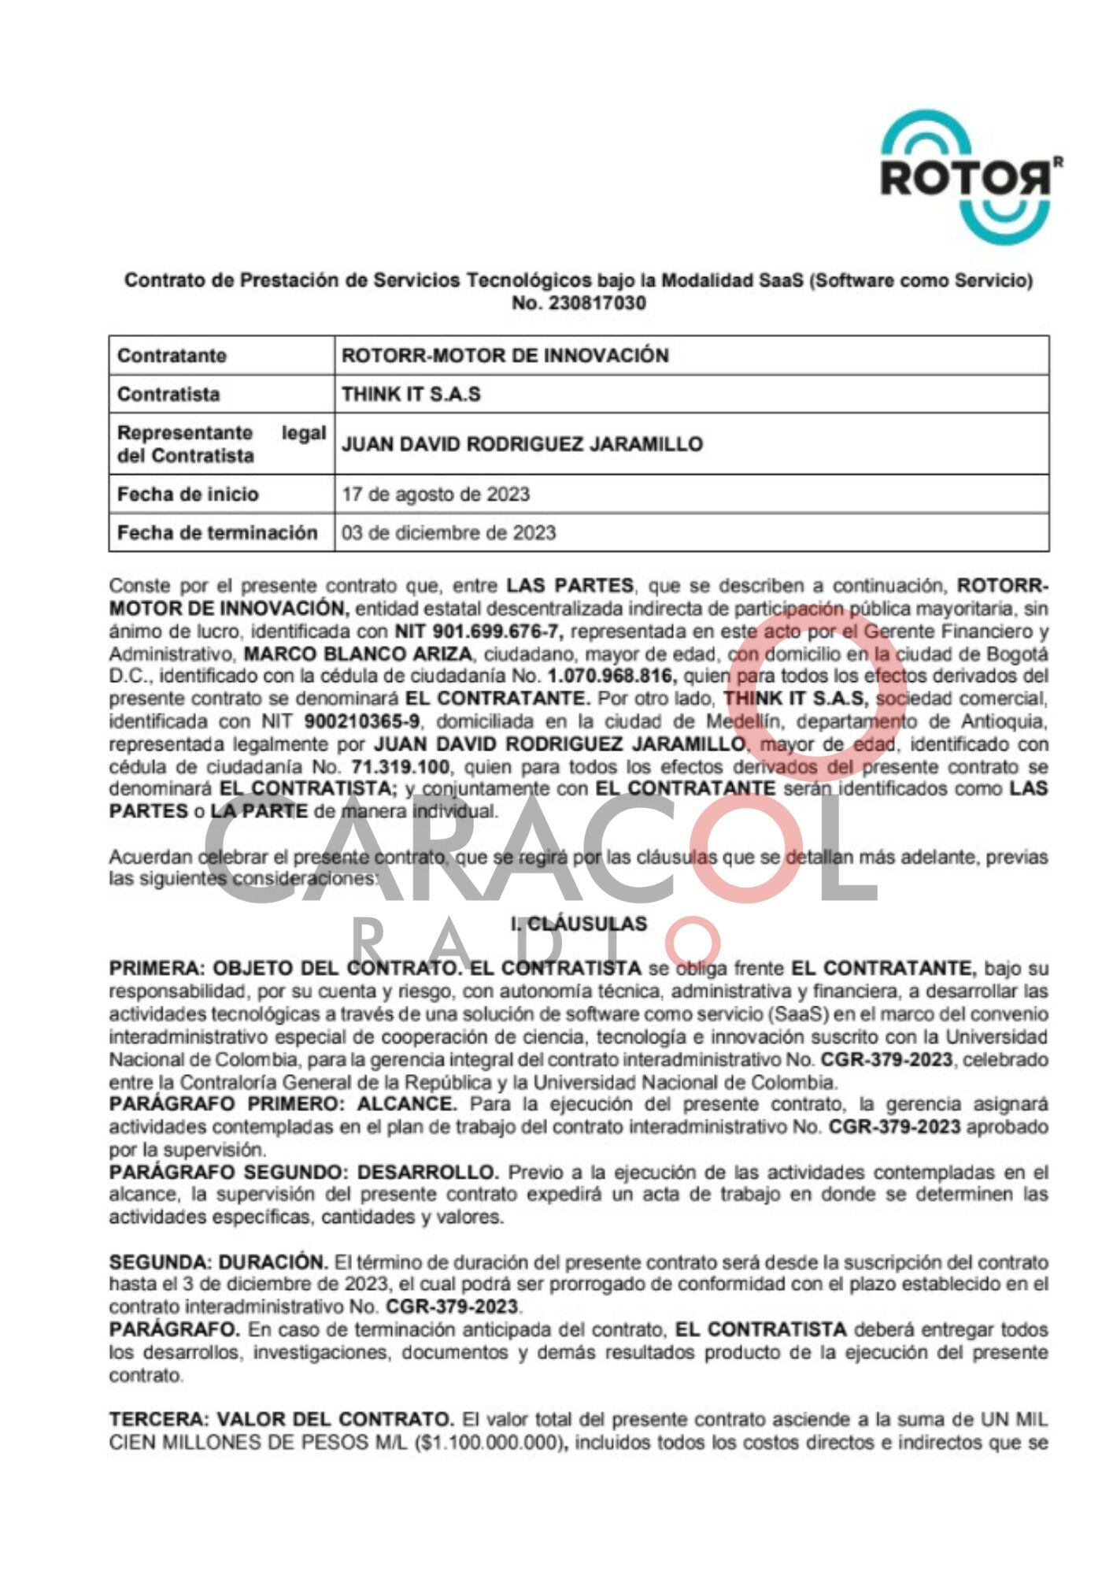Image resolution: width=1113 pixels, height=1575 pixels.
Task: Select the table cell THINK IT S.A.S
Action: pyautogui.click(x=411, y=395)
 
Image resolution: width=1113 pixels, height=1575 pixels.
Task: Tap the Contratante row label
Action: pyautogui.click(x=172, y=356)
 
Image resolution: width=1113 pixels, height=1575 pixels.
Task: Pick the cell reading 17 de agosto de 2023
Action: pyautogui.click(x=435, y=495)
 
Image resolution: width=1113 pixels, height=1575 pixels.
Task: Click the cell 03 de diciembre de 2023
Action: pyautogui.click(x=449, y=533)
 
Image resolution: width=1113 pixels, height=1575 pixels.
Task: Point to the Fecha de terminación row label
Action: pyautogui.click(x=217, y=533)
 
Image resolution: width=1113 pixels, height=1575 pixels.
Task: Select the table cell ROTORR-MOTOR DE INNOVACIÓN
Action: pyautogui.click(x=505, y=356)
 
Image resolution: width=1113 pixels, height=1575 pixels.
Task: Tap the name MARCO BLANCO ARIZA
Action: pyautogui.click(x=358, y=654)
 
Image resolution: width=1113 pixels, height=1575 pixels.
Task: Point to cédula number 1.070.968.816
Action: pyautogui.click(x=613, y=676)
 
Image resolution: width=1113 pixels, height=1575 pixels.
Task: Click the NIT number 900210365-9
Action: pyautogui.click(x=362, y=721)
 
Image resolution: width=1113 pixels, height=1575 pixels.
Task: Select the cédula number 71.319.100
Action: pyautogui.click(x=396, y=767)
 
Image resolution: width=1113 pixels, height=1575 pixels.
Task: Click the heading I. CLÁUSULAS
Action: pyautogui.click(x=579, y=924)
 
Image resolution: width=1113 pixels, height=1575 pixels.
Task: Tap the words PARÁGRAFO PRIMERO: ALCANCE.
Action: pyautogui.click(x=283, y=1105)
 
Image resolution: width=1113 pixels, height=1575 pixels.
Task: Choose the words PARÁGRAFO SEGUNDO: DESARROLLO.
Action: pyautogui.click(x=304, y=1173)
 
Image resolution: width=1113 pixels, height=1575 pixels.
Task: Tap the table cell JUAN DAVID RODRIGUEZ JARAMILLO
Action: pyautogui.click(x=522, y=444)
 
